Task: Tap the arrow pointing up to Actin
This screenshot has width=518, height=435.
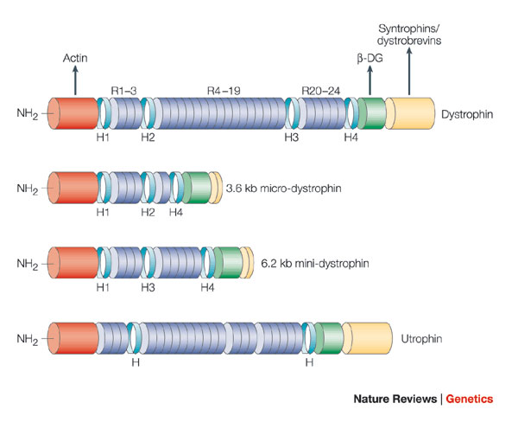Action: pos(75,81)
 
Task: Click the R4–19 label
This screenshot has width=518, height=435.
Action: pos(223,89)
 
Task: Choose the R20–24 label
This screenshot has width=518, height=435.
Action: pos(320,89)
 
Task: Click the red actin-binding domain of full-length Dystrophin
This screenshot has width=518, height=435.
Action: pos(76,113)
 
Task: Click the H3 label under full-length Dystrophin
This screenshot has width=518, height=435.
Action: pos(294,138)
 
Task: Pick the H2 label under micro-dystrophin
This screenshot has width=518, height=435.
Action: pos(148,212)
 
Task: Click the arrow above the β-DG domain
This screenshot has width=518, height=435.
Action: pos(370,83)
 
